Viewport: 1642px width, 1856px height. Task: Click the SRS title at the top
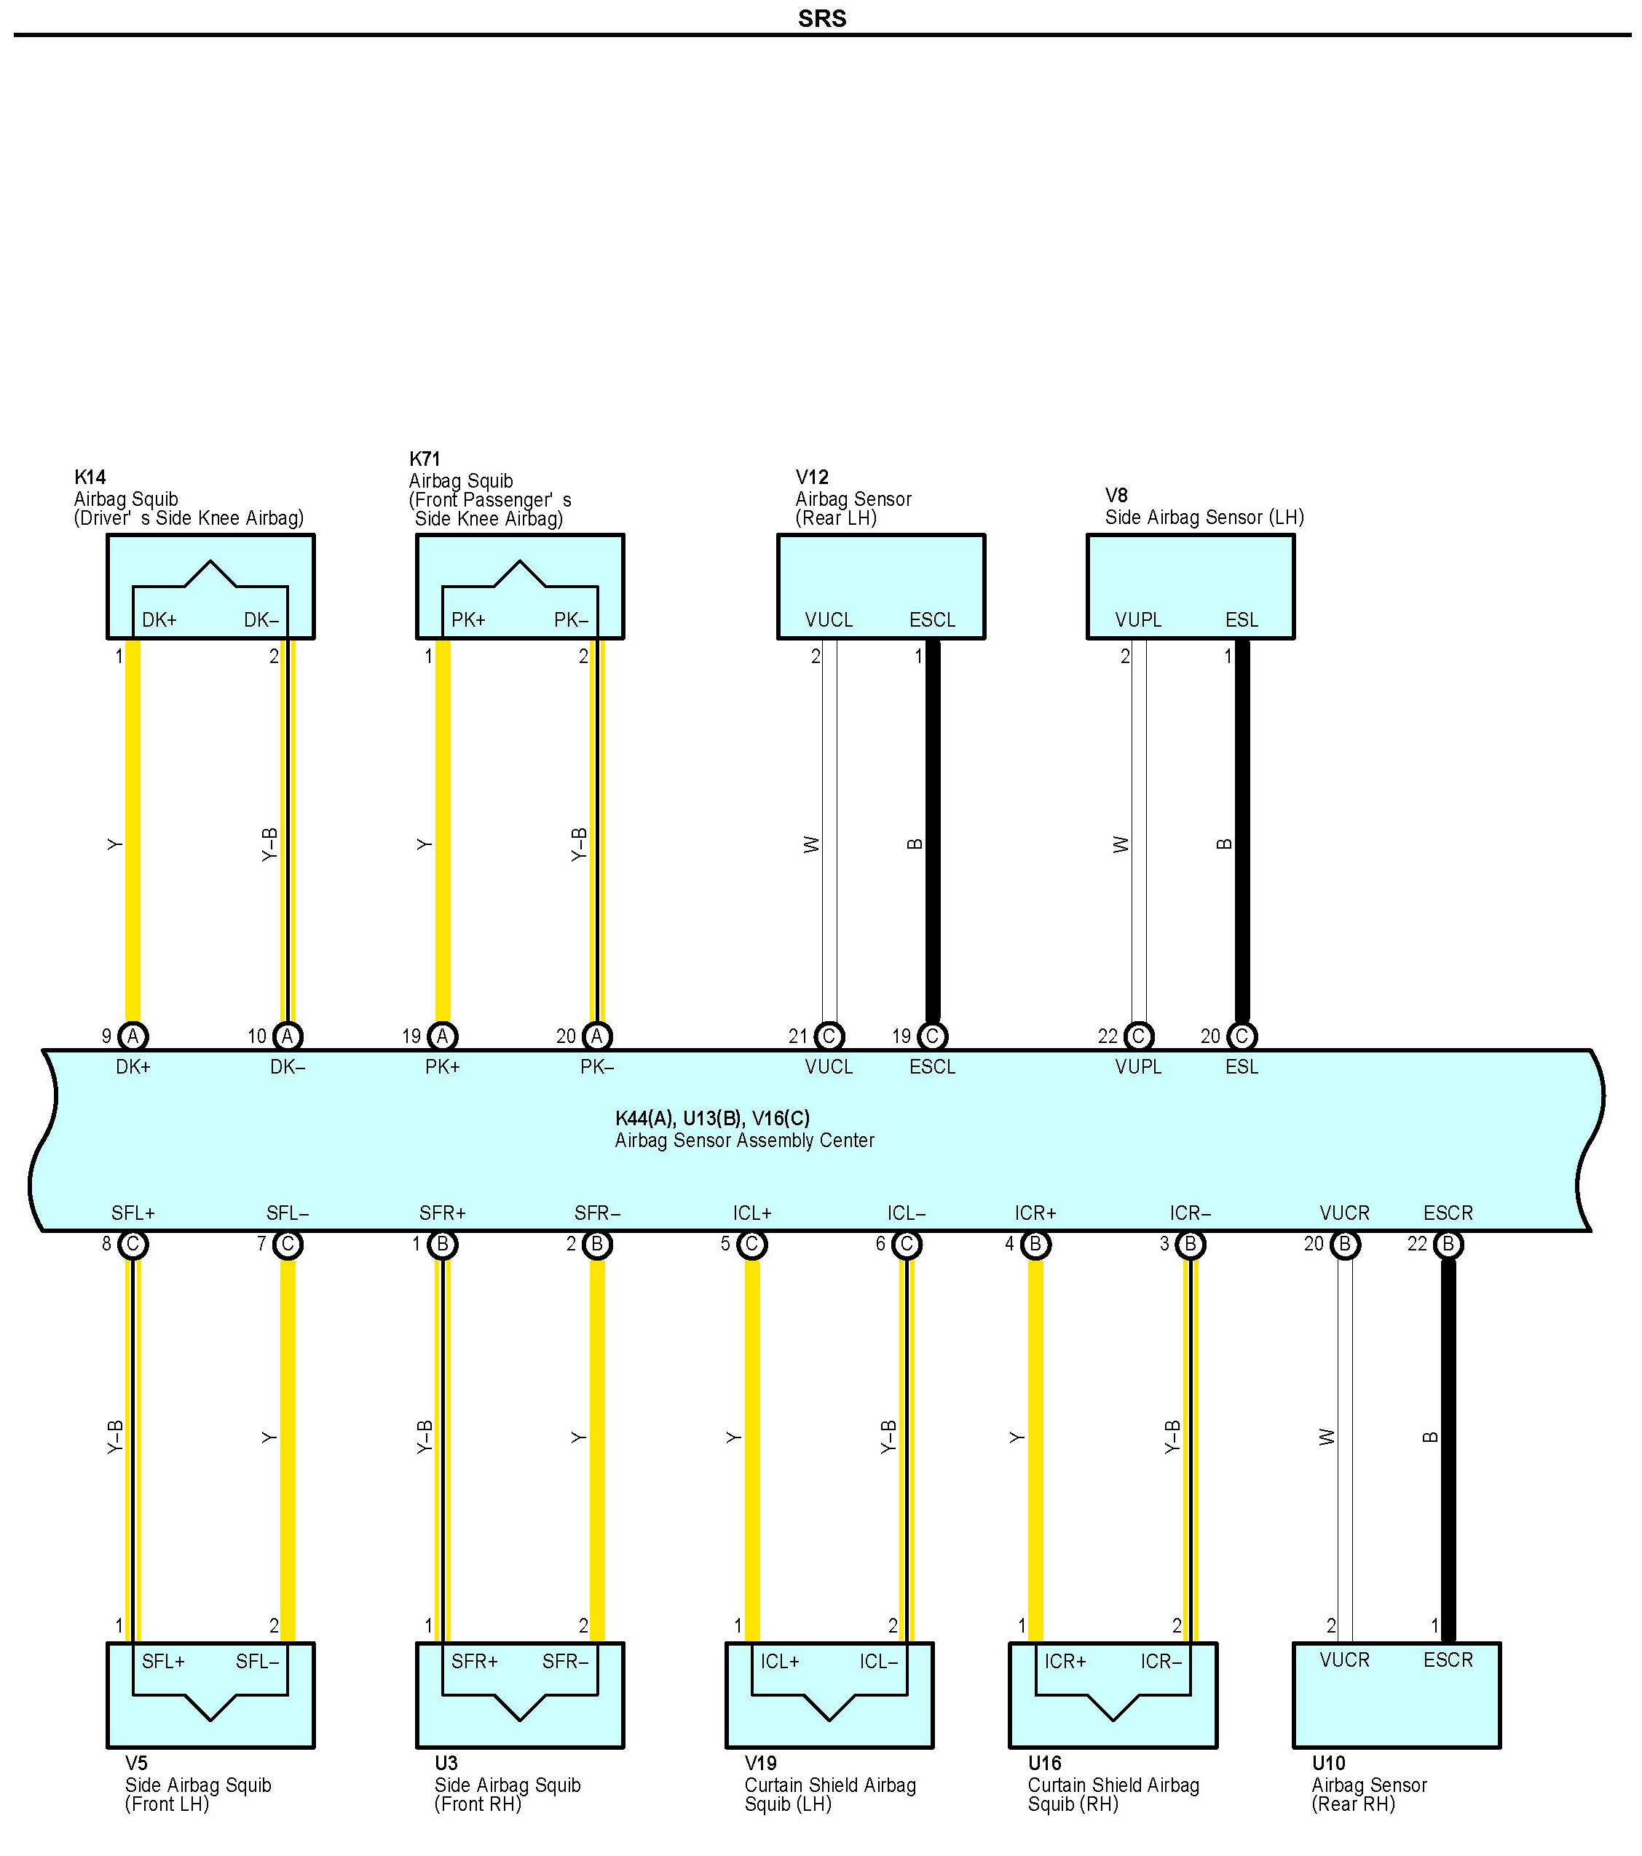[x=822, y=18]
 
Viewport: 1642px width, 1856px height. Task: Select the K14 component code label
[x=90, y=477]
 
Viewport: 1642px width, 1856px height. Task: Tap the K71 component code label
[x=424, y=459]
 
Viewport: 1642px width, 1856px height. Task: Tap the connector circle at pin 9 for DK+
[x=133, y=1036]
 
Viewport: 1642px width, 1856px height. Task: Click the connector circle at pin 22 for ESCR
[x=1448, y=1244]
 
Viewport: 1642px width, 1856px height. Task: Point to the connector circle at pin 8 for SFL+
[x=133, y=1244]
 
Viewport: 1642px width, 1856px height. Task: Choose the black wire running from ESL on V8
[x=1242, y=836]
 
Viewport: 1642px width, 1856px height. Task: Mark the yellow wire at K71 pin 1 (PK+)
[x=443, y=836]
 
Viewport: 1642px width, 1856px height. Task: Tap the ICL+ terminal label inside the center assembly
[x=752, y=1213]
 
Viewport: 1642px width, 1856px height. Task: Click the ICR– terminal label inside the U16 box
[x=1161, y=1662]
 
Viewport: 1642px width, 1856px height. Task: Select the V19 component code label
[x=760, y=1764]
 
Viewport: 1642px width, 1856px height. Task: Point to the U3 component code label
[x=446, y=1764]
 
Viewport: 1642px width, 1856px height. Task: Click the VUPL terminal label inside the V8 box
[x=1138, y=619]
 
